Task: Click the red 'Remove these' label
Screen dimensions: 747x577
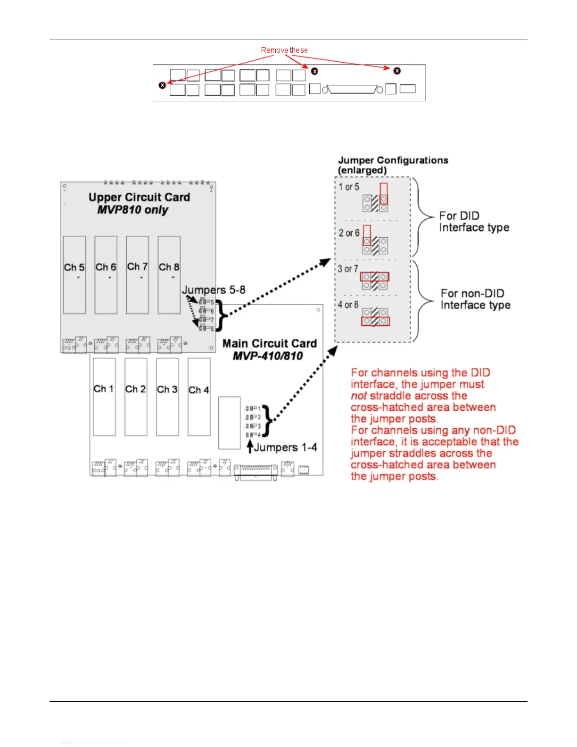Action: (284, 50)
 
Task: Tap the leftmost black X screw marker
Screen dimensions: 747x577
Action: (163, 85)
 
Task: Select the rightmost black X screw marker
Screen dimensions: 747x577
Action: (397, 71)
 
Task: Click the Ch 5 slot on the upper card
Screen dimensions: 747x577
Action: (74, 275)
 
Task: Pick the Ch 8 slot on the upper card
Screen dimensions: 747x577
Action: (169, 275)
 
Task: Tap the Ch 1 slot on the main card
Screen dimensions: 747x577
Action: (104, 397)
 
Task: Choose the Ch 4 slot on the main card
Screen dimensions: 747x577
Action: (199, 397)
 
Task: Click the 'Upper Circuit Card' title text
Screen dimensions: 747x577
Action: (139, 197)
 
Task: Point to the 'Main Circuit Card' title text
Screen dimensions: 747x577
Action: (269, 343)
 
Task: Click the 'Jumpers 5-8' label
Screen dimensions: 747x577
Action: (214, 290)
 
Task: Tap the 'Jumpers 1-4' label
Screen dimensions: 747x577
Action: (285, 447)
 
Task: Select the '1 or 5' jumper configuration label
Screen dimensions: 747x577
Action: (349, 187)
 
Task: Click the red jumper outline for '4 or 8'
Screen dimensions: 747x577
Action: (375, 322)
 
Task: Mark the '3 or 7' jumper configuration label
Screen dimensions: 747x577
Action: (348, 269)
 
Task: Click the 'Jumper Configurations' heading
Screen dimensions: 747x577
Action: (393, 160)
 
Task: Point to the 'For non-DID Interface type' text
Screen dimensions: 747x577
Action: (475, 299)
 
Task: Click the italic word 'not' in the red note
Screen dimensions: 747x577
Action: (359, 396)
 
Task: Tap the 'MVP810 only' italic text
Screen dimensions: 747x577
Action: (132, 210)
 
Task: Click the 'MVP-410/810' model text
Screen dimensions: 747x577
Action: (267, 356)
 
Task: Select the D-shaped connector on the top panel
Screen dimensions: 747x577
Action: (353, 89)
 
